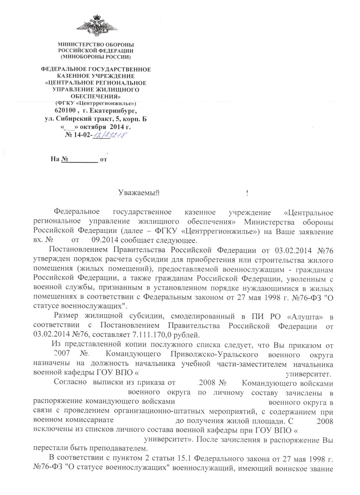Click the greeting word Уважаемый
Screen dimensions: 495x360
(139, 194)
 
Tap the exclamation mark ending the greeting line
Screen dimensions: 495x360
(247, 194)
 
